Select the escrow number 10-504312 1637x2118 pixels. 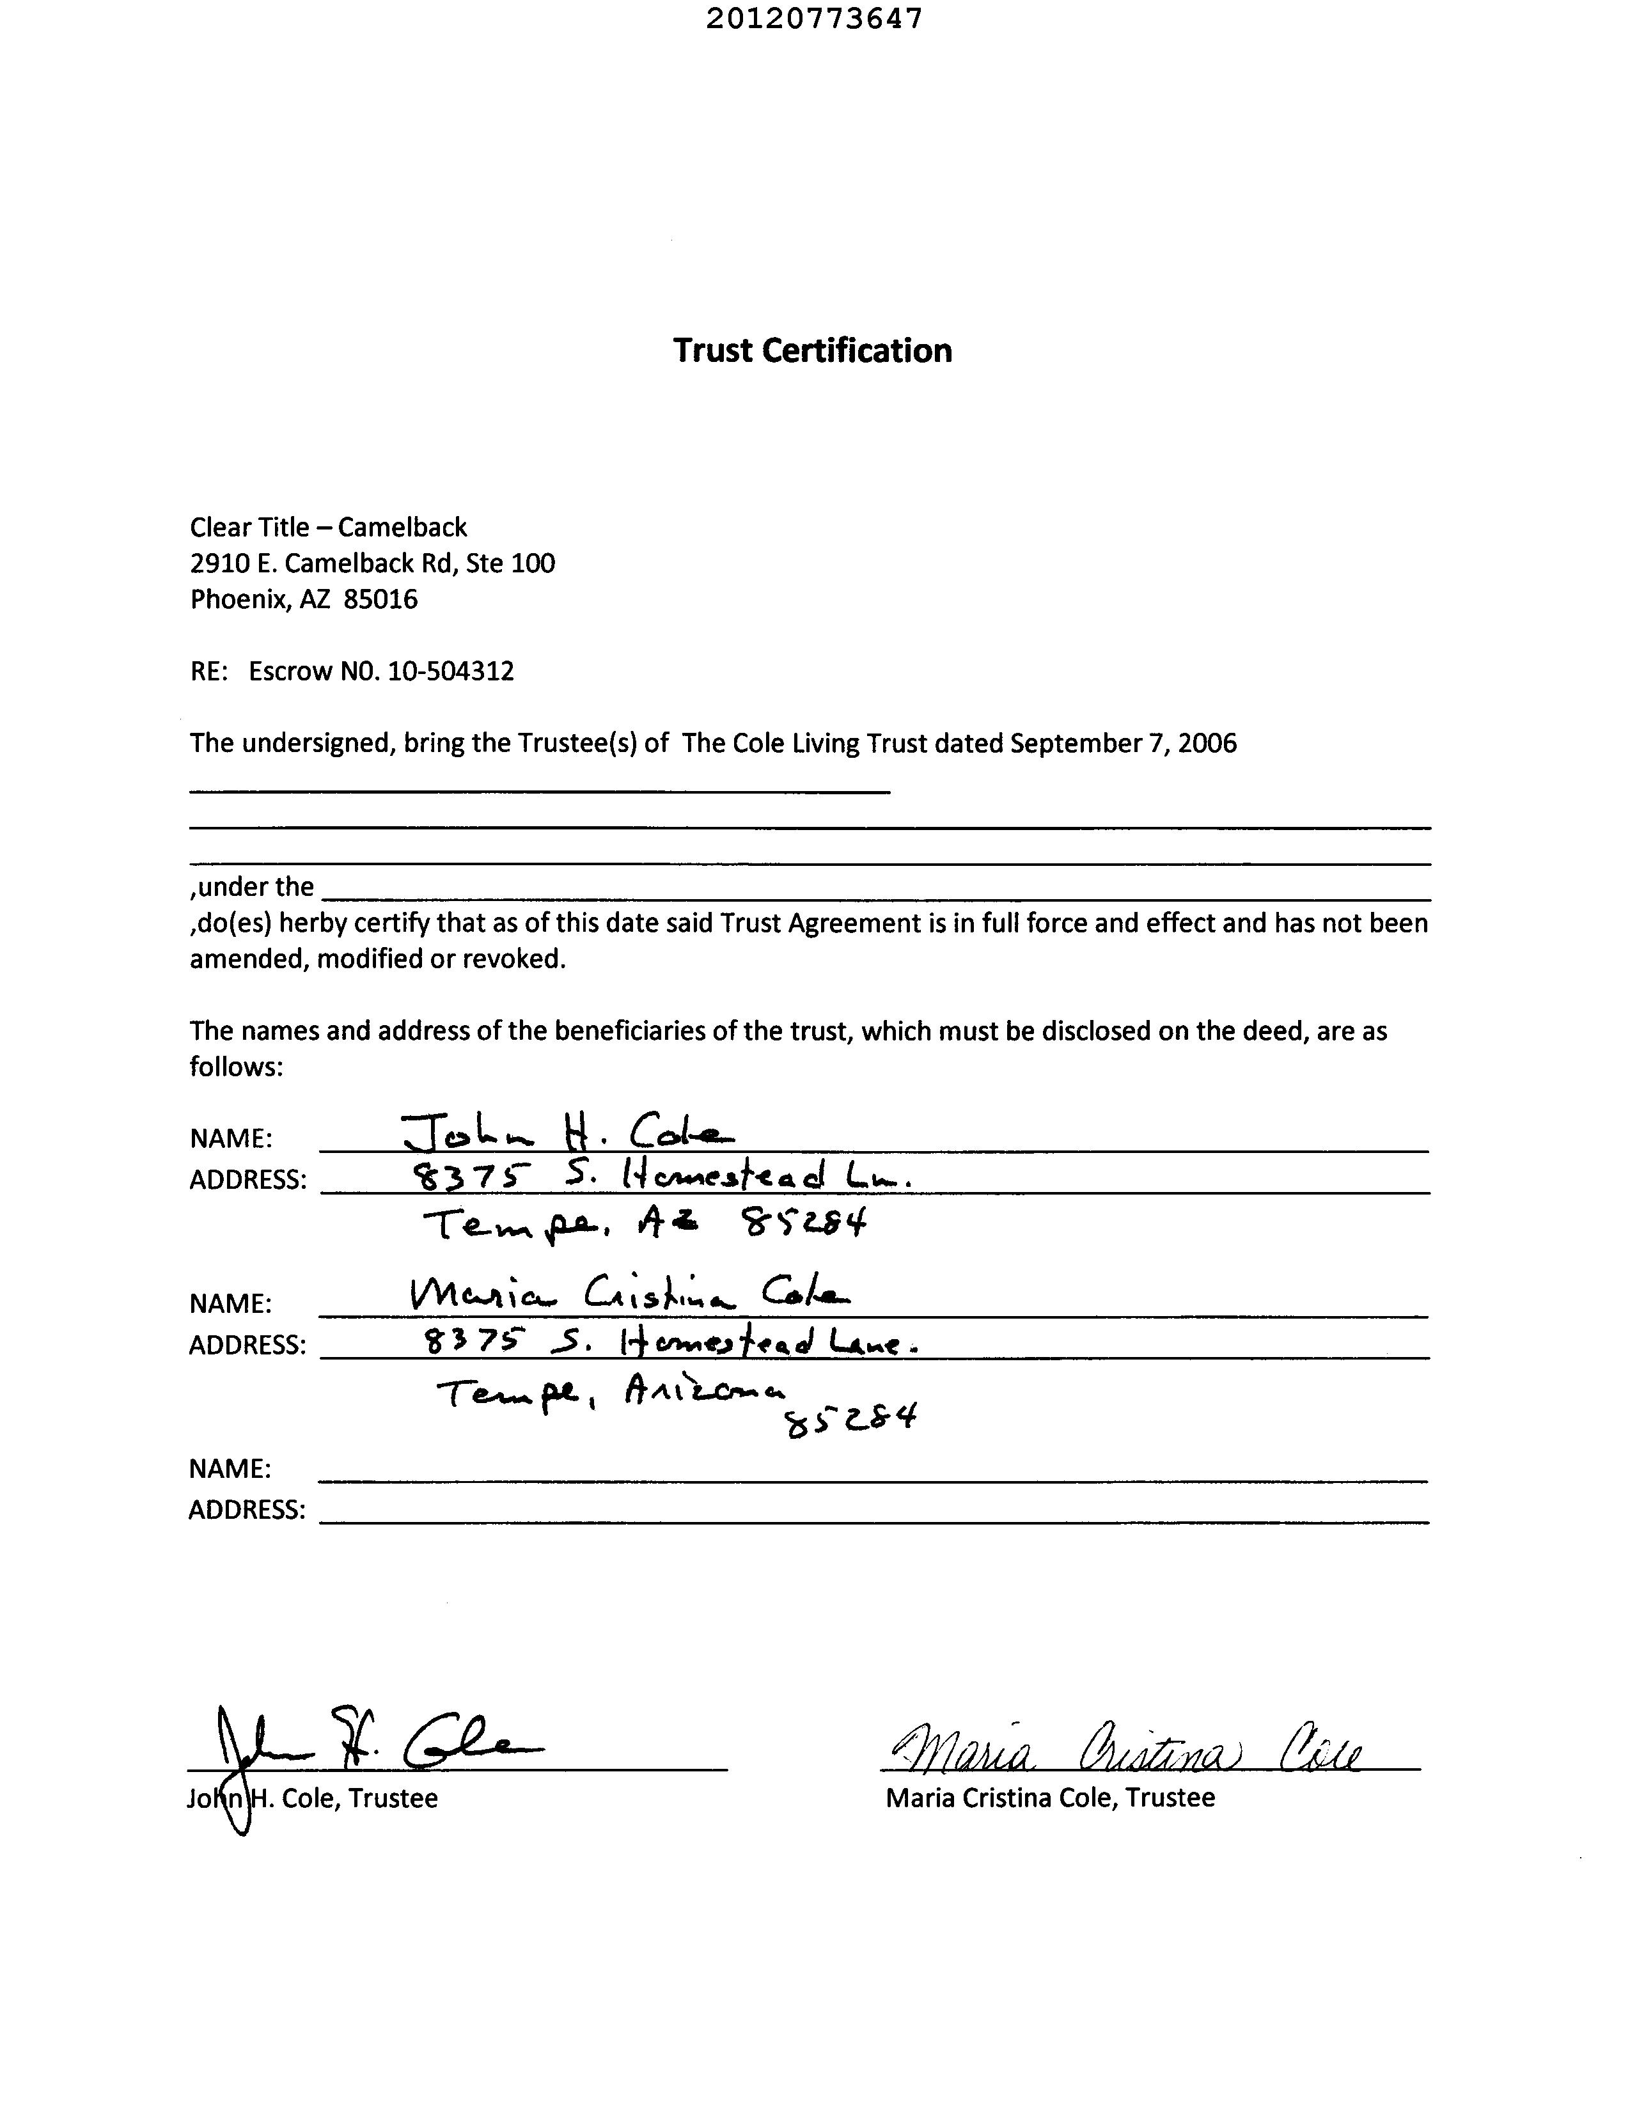pyautogui.click(x=451, y=671)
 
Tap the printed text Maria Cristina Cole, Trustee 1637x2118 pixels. pyautogui.click(x=1049, y=1798)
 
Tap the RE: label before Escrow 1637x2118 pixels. pyautogui.click(x=208, y=671)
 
